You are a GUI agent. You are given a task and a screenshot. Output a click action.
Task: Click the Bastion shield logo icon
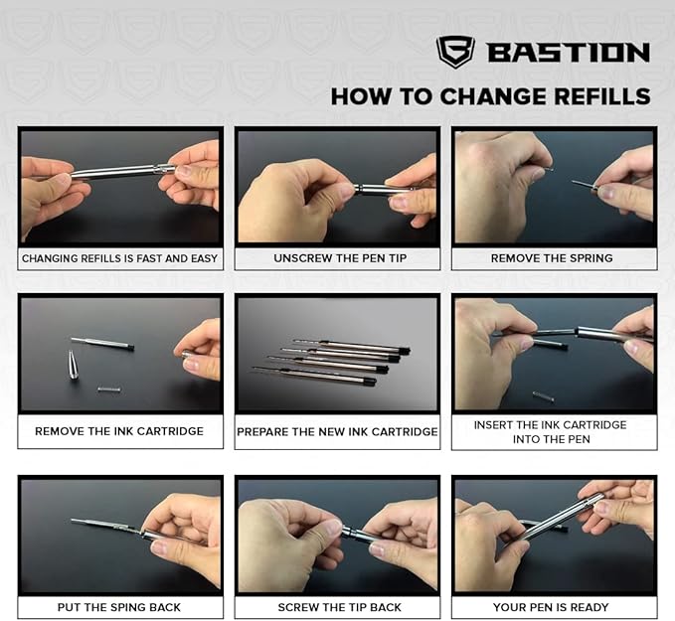455,52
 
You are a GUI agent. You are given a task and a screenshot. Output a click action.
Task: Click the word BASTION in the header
568,53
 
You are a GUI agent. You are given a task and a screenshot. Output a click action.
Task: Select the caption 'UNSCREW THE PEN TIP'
338,258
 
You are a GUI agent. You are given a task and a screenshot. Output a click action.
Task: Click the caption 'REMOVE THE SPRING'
552,258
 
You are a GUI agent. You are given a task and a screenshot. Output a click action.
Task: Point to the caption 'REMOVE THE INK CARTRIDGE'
119,431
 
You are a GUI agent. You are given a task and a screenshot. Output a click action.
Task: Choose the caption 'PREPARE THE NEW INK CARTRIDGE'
337,432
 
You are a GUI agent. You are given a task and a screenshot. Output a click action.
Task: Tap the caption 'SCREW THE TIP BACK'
337,607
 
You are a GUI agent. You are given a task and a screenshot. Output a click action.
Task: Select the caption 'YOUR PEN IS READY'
554,607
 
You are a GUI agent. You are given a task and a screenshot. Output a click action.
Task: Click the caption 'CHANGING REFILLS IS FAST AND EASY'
119,258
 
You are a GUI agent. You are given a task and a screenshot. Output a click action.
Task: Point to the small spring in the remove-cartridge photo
109,388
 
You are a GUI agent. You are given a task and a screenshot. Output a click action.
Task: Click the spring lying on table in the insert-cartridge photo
543,395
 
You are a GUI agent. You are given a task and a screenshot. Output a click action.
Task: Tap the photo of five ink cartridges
337,358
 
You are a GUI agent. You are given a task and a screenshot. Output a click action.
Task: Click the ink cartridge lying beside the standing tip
102,344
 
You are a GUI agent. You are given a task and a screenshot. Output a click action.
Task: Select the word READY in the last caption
589,607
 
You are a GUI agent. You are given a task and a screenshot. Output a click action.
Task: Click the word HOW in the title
355,97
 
